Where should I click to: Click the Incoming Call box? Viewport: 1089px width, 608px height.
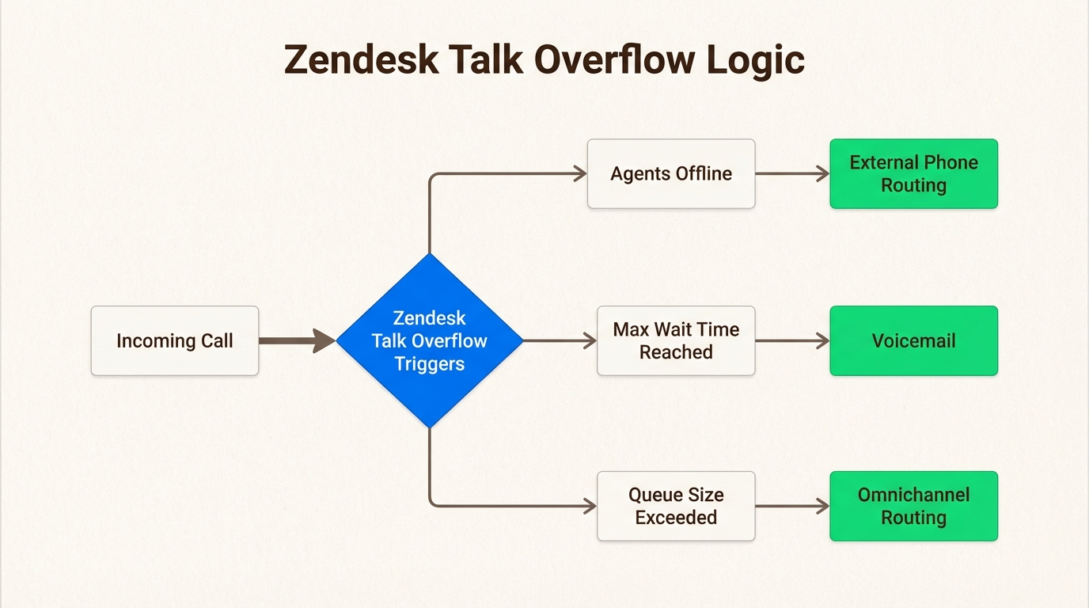tap(174, 341)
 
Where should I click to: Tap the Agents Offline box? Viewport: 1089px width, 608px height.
tap(670, 174)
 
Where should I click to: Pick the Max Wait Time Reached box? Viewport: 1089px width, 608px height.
tap(676, 341)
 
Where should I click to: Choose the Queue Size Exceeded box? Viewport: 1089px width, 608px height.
tap(676, 507)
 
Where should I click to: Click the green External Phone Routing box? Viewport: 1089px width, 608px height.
tap(913, 174)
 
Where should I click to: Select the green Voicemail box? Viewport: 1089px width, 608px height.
tap(913, 341)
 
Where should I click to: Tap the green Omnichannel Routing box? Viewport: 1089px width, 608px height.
tap(913, 507)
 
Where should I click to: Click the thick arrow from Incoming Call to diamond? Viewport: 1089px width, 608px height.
tap(294, 341)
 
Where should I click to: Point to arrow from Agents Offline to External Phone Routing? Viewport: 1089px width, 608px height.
tap(791, 174)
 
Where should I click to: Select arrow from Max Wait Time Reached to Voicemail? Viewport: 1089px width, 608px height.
tap(791, 341)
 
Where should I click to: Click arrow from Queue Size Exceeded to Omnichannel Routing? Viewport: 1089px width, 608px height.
tap(791, 507)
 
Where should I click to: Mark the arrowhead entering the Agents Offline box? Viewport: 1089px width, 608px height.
tap(581, 174)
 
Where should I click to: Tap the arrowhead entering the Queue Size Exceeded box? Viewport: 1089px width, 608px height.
tap(590, 507)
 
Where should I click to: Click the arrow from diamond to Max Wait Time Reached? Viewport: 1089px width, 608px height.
tap(558, 341)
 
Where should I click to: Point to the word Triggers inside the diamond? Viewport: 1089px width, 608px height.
tap(430, 364)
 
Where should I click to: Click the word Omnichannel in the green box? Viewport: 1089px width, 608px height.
tap(913, 495)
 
